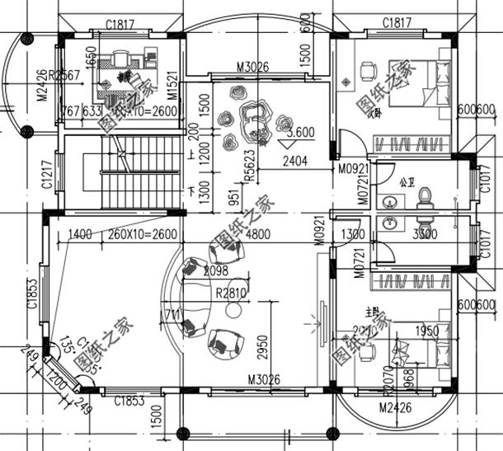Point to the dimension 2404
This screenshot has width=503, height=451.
coord(294,162)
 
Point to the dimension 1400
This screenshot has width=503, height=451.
coord(80,234)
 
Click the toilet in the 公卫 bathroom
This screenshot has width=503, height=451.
coord(425,197)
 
